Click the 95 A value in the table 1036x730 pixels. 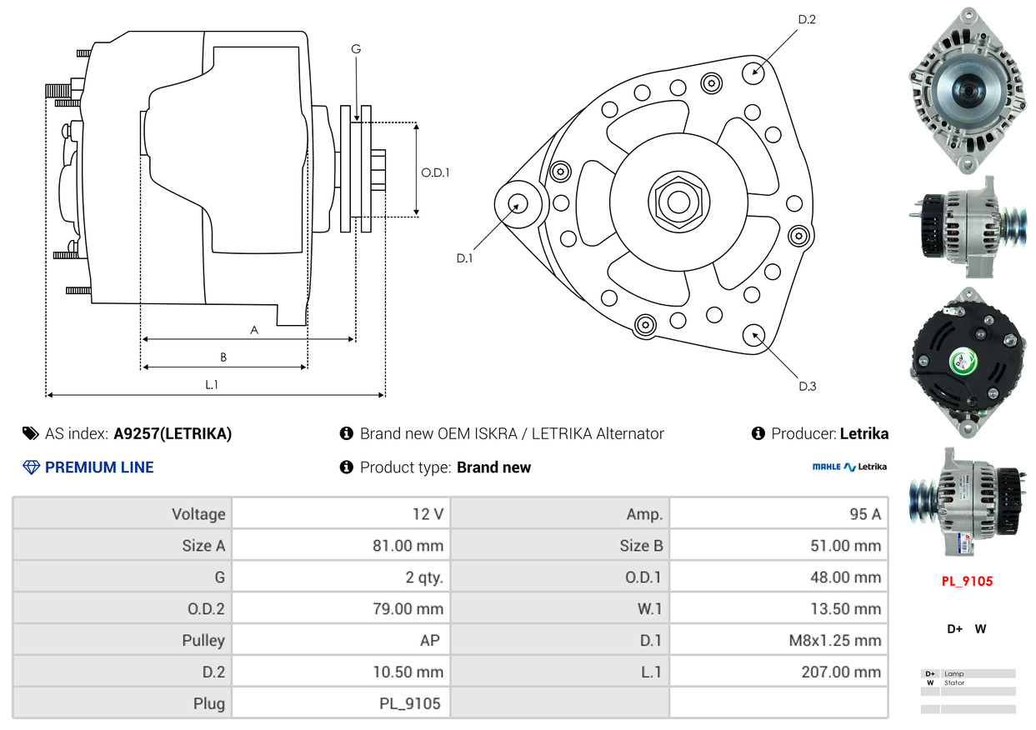pyautogui.click(x=865, y=514)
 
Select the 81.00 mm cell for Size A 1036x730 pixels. pyautogui.click(x=408, y=546)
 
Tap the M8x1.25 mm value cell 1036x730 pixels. pyautogui.click(x=835, y=640)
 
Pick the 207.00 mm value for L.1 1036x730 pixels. pyautogui.click(x=841, y=672)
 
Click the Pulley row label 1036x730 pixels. pyautogui.click(x=203, y=640)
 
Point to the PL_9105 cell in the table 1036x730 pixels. pyautogui.click(x=410, y=703)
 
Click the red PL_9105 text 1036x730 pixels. pyautogui.click(x=967, y=581)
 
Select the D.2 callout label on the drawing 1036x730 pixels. pyautogui.click(x=807, y=19)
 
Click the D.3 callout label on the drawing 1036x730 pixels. pyautogui.click(x=808, y=386)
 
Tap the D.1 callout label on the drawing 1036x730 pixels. pyautogui.click(x=464, y=258)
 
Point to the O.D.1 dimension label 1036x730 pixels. pyautogui.click(x=435, y=172)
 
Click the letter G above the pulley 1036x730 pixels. pyautogui.click(x=356, y=48)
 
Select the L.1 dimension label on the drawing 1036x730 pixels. pyautogui.click(x=212, y=385)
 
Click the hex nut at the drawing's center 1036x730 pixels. pyautogui.click(x=678, y=202)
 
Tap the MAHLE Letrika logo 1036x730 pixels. pyautogui.click(x=849, y=467)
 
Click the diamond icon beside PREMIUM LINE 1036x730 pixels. pyautogui.click(x=31, y=467)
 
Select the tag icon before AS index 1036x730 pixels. pyautogui.click(x=31, y=433)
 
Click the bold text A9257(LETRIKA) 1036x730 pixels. pyautogui.click(x=173, y=433)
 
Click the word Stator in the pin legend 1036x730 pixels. pyautogui.click(x=954, y=682)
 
